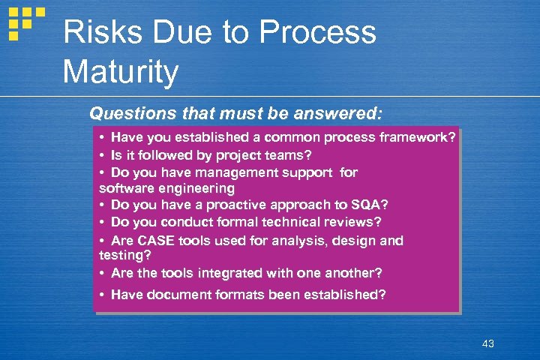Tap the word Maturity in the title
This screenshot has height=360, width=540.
pos(121,73)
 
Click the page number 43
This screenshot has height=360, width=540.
pos(488,344)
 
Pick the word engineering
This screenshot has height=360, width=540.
pos(196,188)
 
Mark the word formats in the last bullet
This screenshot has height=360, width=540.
pos(247,295)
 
